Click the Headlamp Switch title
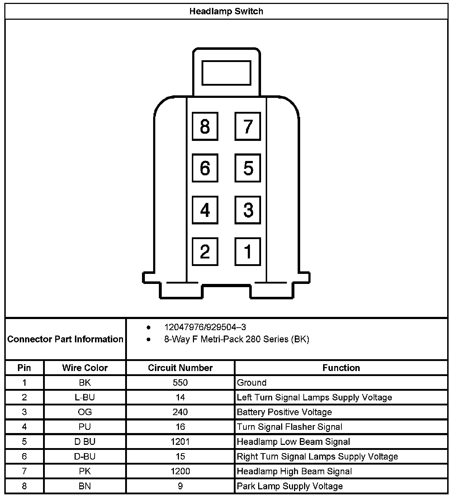[226, 11]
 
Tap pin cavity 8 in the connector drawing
[205, 126]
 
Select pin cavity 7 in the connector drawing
[248, 126]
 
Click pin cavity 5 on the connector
[248, 168]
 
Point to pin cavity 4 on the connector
[205, 210]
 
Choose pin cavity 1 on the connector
[248, 251]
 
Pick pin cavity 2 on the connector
[205, 251]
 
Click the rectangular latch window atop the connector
[226, 73]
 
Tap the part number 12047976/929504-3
[205, 327]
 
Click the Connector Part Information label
[65, 339]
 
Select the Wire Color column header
[85, 368]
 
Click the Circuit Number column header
[180, 368]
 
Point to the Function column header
[341, 368]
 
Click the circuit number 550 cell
[180, 382]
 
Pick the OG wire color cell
[85, 412]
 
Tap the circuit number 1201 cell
[180, 442]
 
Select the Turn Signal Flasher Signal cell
[289, 427]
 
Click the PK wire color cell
[85, 471]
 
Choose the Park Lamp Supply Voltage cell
[290, 486]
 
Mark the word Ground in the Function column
[252, 382]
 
